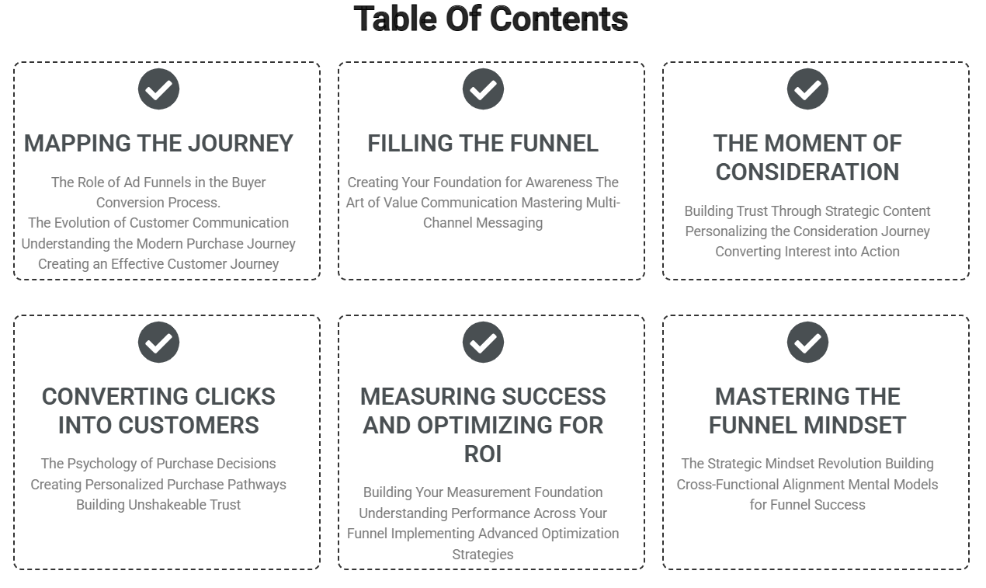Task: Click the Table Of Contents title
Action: pos(491,19)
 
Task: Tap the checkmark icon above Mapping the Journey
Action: pos(159,89)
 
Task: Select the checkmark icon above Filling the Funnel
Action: pos(483,89)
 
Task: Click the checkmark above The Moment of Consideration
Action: pos(807,89)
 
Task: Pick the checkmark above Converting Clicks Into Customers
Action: pos(159,343)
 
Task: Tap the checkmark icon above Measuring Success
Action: pos(483,343)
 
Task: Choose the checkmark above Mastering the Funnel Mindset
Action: pos(807,343)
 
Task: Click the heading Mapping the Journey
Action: pos(159,144)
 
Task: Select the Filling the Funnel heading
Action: pos(483,144)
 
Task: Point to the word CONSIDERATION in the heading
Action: pos(807,172)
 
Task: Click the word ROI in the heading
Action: pos(483,454)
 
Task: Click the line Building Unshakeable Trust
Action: pos(158,505)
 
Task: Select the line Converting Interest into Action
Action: pos(807,252)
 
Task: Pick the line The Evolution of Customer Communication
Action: pos(158,223)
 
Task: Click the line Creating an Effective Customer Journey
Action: pos(158,264)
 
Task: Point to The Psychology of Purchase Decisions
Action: pos(158,464)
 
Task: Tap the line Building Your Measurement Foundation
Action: pos(483,492)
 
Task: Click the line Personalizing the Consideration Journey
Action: pos(807,231)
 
